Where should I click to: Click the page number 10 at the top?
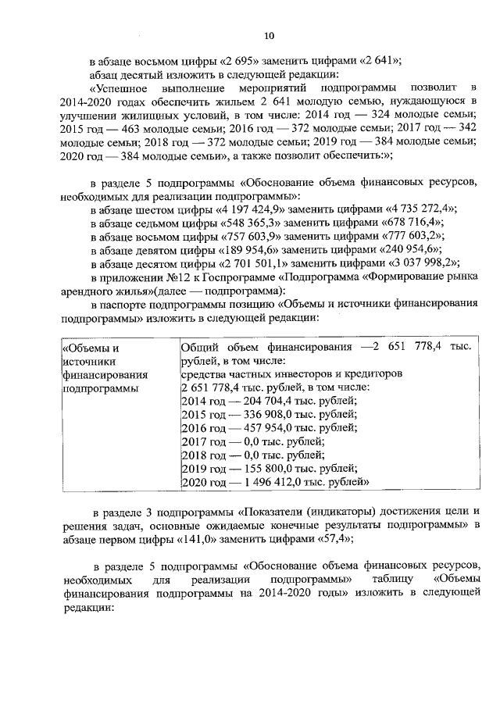pyautogui.click(x=269, y=35)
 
